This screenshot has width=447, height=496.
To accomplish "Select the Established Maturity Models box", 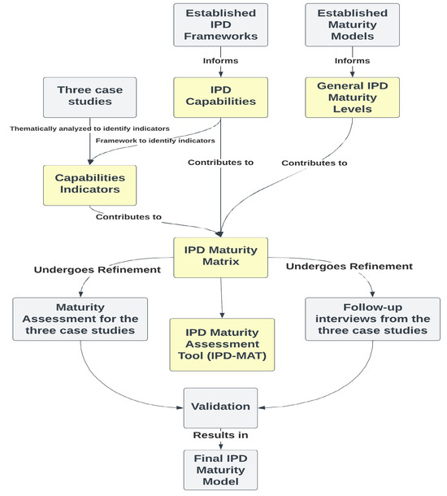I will (353, 24).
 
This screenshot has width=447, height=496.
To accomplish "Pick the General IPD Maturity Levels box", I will (353, 97).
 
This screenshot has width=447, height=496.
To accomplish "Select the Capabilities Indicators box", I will (89, 184).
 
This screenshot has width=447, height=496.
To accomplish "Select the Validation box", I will (221, 404).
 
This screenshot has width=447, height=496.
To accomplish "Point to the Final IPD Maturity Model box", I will (221, 469).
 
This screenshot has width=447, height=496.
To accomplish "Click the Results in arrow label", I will (221, 436).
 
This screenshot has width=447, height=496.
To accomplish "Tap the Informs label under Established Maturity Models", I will (353, 59).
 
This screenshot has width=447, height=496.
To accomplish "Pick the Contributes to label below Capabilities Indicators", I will (128, 217).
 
